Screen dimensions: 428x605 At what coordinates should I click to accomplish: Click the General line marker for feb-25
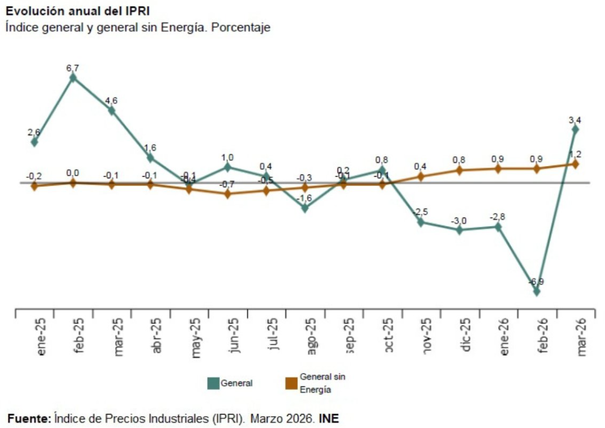72,78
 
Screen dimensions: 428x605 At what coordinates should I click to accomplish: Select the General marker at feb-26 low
536,291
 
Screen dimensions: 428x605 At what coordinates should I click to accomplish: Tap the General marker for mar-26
575,129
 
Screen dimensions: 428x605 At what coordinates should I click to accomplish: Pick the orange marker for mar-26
575,164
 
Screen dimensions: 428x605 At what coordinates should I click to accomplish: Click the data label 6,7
72,68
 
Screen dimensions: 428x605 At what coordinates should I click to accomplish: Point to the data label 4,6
111,100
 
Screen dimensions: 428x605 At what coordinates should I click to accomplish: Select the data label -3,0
460,220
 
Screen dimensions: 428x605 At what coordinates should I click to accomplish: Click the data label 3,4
575,119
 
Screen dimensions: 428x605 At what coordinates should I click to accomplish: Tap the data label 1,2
575,154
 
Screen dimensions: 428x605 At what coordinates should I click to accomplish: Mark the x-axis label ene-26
504,336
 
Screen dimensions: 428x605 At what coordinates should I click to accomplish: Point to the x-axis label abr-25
157,336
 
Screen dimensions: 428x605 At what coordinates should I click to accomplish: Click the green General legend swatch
213,384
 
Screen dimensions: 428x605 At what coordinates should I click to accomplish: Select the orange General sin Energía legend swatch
291,384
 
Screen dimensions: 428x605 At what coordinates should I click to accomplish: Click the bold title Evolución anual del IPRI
78,11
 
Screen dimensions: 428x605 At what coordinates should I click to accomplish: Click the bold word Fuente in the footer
29,418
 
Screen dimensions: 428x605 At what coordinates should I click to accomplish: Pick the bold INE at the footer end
329,418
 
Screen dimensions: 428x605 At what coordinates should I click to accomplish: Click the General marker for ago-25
304,208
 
